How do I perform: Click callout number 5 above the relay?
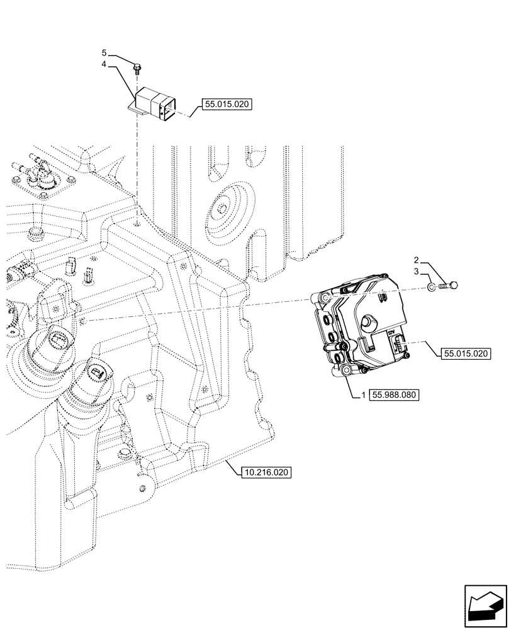pos(106,52)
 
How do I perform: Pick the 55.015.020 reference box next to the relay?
pos(227,105)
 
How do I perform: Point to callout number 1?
pos(363,395)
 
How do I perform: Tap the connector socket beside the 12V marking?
pos(398,345)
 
